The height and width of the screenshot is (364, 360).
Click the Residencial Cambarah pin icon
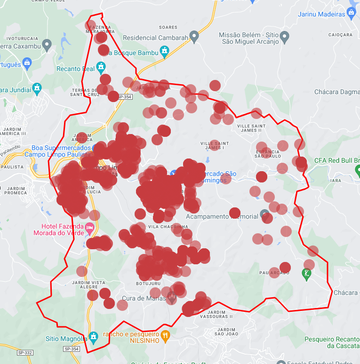pyautogui.click(x=194, y=37)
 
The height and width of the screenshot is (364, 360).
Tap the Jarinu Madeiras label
pyautogui.click(x=321, y=14)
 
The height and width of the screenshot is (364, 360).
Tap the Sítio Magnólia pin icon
pyautogui.click(x=94, y=336)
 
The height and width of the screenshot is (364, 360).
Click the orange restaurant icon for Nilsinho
pyautogui.click(x=165, y=335)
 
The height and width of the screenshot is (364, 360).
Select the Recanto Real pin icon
pyautogui.click(x=102, y=68)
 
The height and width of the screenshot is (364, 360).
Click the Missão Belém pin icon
pyautogui.click(x=284, y=36)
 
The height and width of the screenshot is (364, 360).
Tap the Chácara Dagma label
pyautogui.click(x=337, y=92)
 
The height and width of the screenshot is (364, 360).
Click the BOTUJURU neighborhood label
pyautogui.click(x=148, y=284)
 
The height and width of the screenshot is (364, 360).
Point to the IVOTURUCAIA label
pyautogui.click(x=22, y=38)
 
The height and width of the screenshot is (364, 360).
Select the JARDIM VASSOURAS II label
pyautogui.click(x=220, y=314)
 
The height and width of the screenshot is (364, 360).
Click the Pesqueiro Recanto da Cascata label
pyautogui.click(x=332, y=342)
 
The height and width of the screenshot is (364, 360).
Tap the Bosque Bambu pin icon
pyautogui.click(x=164, y=51)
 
